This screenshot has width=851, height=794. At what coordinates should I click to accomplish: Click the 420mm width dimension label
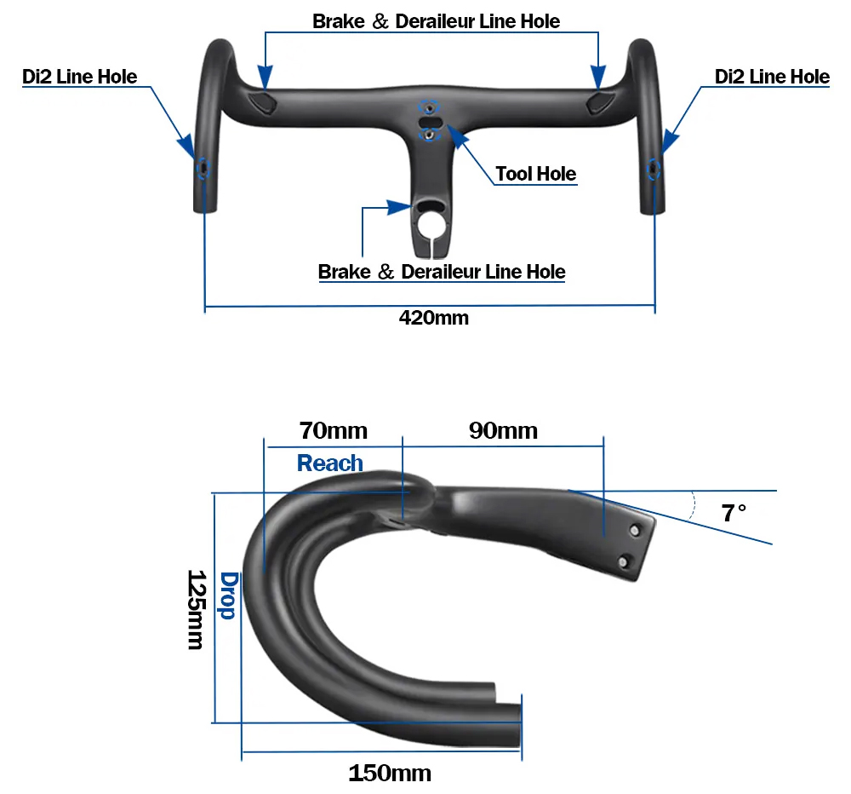pyautogui.click(x=434, y=318)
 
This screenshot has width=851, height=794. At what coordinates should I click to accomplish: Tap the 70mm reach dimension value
pyautogui.click(x=334, y=430)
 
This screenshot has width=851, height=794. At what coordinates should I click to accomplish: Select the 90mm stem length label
pyautogui.click(x=503, y=430)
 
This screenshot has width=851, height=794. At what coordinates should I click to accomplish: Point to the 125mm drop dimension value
pyautogui.click(x=196, y=609)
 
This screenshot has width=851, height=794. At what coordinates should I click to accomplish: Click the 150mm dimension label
pyautogui.click(x=390, y=773)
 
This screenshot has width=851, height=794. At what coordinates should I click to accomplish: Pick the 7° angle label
pyautogui.click(x=734, y=513)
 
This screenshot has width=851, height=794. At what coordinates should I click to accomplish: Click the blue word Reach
pyautogui.click(x=330, y=463)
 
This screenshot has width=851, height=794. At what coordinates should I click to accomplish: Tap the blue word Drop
pyautogui.click(x=228, y=595)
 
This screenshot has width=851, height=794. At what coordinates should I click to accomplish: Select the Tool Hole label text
pyautogui.click(x=535, y=174)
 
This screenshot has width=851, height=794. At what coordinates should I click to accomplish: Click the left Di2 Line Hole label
pyautogui.click(x=80, y=77)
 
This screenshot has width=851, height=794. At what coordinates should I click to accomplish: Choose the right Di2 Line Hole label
pyautogui.click(x=772, y=77)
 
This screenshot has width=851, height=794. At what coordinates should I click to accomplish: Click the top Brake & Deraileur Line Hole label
pyautogui.click(x=437, y=21)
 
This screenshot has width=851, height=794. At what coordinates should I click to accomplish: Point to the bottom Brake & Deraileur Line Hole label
pyautogui.click(x=442, y=272)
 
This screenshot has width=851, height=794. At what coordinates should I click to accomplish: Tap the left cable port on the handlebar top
pyautogui.click(x=263, y=101)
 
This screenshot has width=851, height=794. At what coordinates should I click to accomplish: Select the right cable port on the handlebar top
pyautogui.click(x=600, y=101)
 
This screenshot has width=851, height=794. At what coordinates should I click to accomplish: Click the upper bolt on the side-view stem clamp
pyautogui.click(x=635, y=531)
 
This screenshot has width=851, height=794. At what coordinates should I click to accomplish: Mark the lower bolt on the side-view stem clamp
pyautogui.click(x=624, y=561)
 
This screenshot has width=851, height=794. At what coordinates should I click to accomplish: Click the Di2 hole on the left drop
pyautogui.click(x=203, y=169)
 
